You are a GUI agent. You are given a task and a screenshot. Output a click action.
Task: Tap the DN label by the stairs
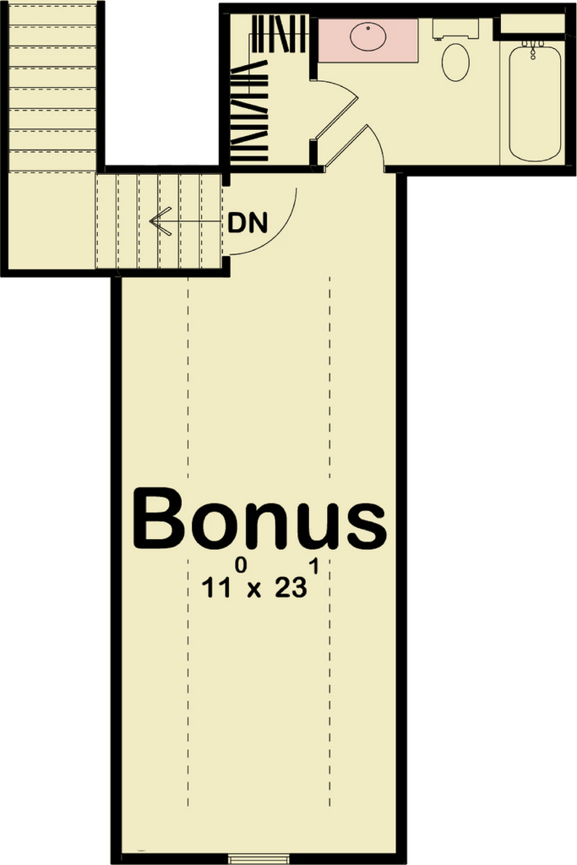(248, 223)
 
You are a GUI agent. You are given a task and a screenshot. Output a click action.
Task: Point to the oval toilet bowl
(455, 63)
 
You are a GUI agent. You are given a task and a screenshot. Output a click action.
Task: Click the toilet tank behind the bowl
(455, 29)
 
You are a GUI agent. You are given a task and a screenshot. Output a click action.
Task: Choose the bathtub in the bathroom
(535, 103)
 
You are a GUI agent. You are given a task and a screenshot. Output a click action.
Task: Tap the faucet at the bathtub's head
(533, 49)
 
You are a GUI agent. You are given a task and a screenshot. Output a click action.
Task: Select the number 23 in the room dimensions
(291, 588)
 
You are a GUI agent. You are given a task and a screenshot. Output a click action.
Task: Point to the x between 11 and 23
(253, 590)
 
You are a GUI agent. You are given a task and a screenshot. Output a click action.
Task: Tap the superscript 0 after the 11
(241, 567)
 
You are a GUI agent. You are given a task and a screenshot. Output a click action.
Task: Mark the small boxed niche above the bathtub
(532, 24)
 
